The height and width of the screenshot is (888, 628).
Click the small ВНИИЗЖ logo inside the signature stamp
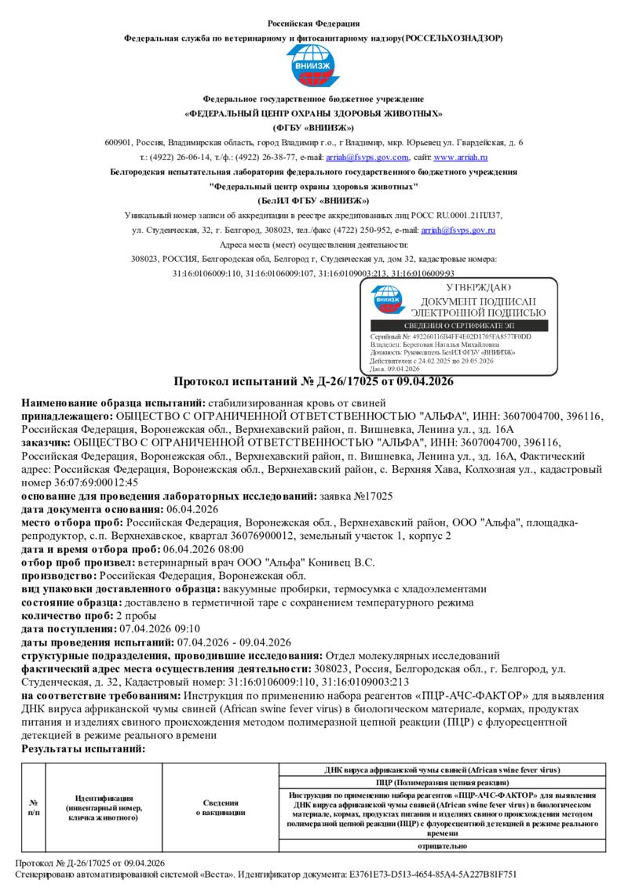(x=388, y=298)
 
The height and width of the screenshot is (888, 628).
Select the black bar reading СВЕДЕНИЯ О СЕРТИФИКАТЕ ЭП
(x=461, y=326)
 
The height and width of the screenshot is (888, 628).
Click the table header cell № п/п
(x=34, y=807)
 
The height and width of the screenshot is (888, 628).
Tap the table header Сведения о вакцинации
(x=221, y=807)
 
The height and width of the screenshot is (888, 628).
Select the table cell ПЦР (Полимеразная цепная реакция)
(x=443, y=783)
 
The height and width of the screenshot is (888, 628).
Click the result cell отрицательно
(x=443, y=846)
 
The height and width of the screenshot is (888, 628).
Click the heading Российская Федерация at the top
(x=314, y=24)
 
